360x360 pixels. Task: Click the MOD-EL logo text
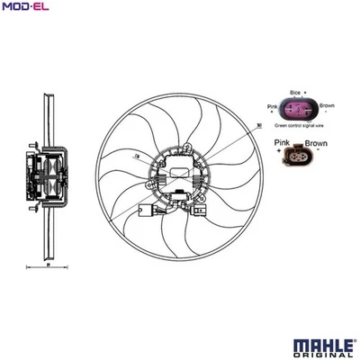click(x=24, y=8)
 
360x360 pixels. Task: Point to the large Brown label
click(x=316, y=142)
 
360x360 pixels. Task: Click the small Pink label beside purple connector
click(x=273, y=109)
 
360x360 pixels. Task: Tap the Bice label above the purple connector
click(x=296, y=92)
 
